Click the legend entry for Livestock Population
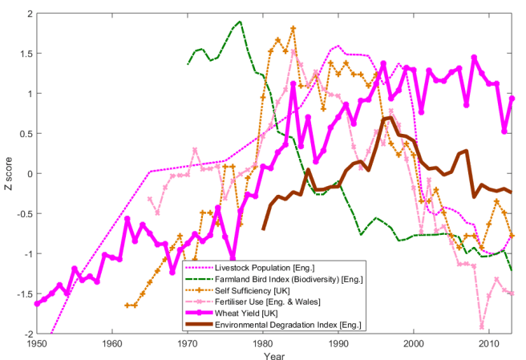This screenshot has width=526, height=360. click(256, 267)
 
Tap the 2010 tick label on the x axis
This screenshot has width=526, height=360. click(488, 342)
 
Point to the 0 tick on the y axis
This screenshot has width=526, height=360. click(28, 174)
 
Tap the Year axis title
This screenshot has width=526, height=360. click(275, 354)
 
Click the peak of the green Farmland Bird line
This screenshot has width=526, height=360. click(240, 22)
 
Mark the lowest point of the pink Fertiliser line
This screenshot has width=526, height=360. click(482, 326)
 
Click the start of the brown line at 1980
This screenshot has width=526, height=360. click(264, 229)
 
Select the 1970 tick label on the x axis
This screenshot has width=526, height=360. click(188, 342)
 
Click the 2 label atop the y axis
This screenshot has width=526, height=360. click(28, 14)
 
